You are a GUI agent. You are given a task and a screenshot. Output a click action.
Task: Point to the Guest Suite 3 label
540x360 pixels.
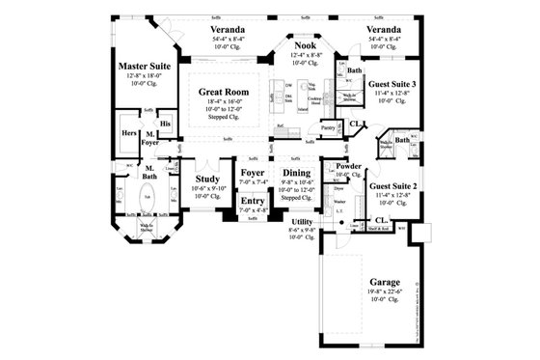pos(392,85)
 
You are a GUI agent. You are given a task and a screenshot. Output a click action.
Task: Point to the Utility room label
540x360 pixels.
pos(302,221)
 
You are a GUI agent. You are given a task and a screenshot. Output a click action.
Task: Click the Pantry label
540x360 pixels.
pos(327,126)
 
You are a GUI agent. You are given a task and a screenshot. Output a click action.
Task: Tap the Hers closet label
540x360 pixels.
pos(128,133)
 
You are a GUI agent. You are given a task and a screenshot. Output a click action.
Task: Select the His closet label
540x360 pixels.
pos(165,125)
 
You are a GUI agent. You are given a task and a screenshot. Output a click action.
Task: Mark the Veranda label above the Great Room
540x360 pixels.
pos(227,30)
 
